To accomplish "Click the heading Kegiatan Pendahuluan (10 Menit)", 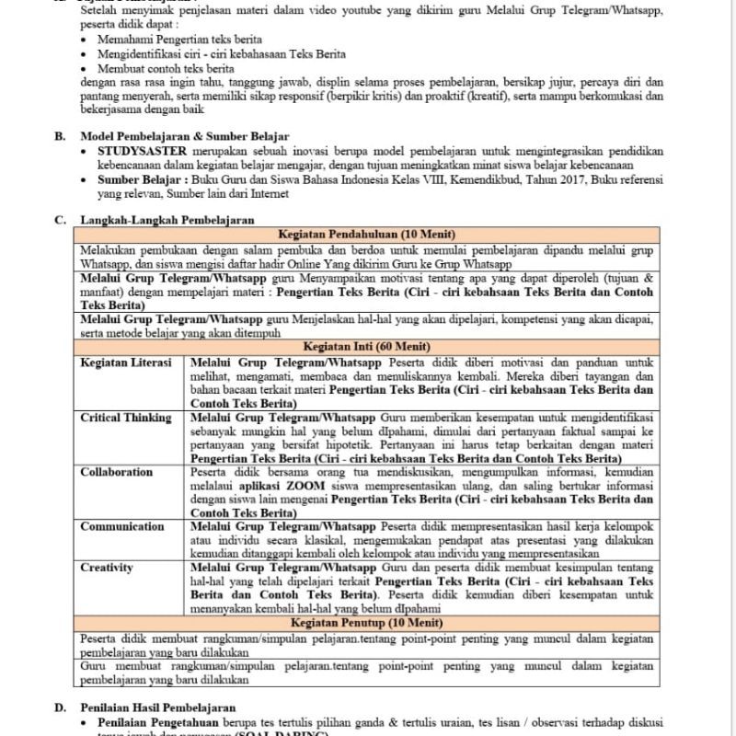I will [367, 234].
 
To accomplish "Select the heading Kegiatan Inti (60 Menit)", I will [367, 348].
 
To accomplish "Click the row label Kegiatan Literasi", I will [126, 362].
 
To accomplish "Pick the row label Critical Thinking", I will [126, 418].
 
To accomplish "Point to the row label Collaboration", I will [117, 472].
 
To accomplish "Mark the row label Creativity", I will [108, 569].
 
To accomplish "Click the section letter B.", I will [61, 135].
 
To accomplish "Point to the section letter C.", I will [61, 219].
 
